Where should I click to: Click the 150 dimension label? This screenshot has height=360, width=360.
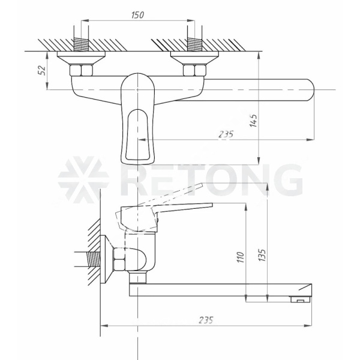(x=138, y=15)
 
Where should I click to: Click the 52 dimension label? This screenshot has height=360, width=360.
(x=42, y=70)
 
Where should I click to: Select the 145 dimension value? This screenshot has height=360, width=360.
(x=253, y=121)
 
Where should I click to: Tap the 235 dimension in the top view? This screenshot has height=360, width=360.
(x=226, y=134)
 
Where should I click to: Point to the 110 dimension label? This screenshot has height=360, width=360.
(x=241, y=257)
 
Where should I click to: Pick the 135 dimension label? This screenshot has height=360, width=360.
(x=262, y=255)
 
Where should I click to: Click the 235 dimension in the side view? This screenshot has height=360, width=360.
(x=206, y=320)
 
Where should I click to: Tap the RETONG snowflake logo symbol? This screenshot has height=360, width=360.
(x=83, y=180)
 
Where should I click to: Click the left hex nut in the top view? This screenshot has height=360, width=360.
(x=81, y=70)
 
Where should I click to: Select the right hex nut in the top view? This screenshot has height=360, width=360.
(x=194, y=70)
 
